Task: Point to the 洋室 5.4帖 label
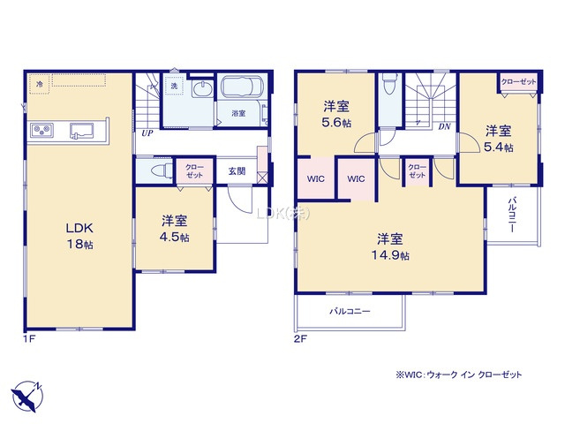coord(499,139)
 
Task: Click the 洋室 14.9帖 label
coord(390,246)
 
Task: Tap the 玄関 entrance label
coord(237,170)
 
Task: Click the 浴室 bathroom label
coord(238,114)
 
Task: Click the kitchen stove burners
coord(42,131)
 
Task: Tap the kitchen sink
coord(84,131)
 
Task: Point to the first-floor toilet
coord(159,170)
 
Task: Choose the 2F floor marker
coord(302,337)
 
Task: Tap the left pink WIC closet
coord(314,178)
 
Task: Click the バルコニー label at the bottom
coord(350,311)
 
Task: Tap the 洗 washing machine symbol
coord(175,87)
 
